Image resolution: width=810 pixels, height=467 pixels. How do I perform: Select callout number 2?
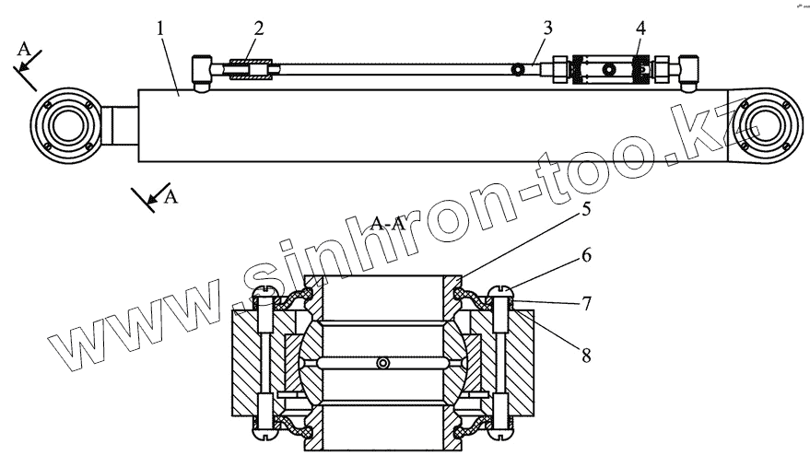(259, 28)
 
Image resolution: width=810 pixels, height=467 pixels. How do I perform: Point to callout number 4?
(640, 28)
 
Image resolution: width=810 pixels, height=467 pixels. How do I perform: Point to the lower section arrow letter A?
(170, 196)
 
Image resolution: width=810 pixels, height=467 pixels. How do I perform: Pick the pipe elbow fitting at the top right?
(686, 70)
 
